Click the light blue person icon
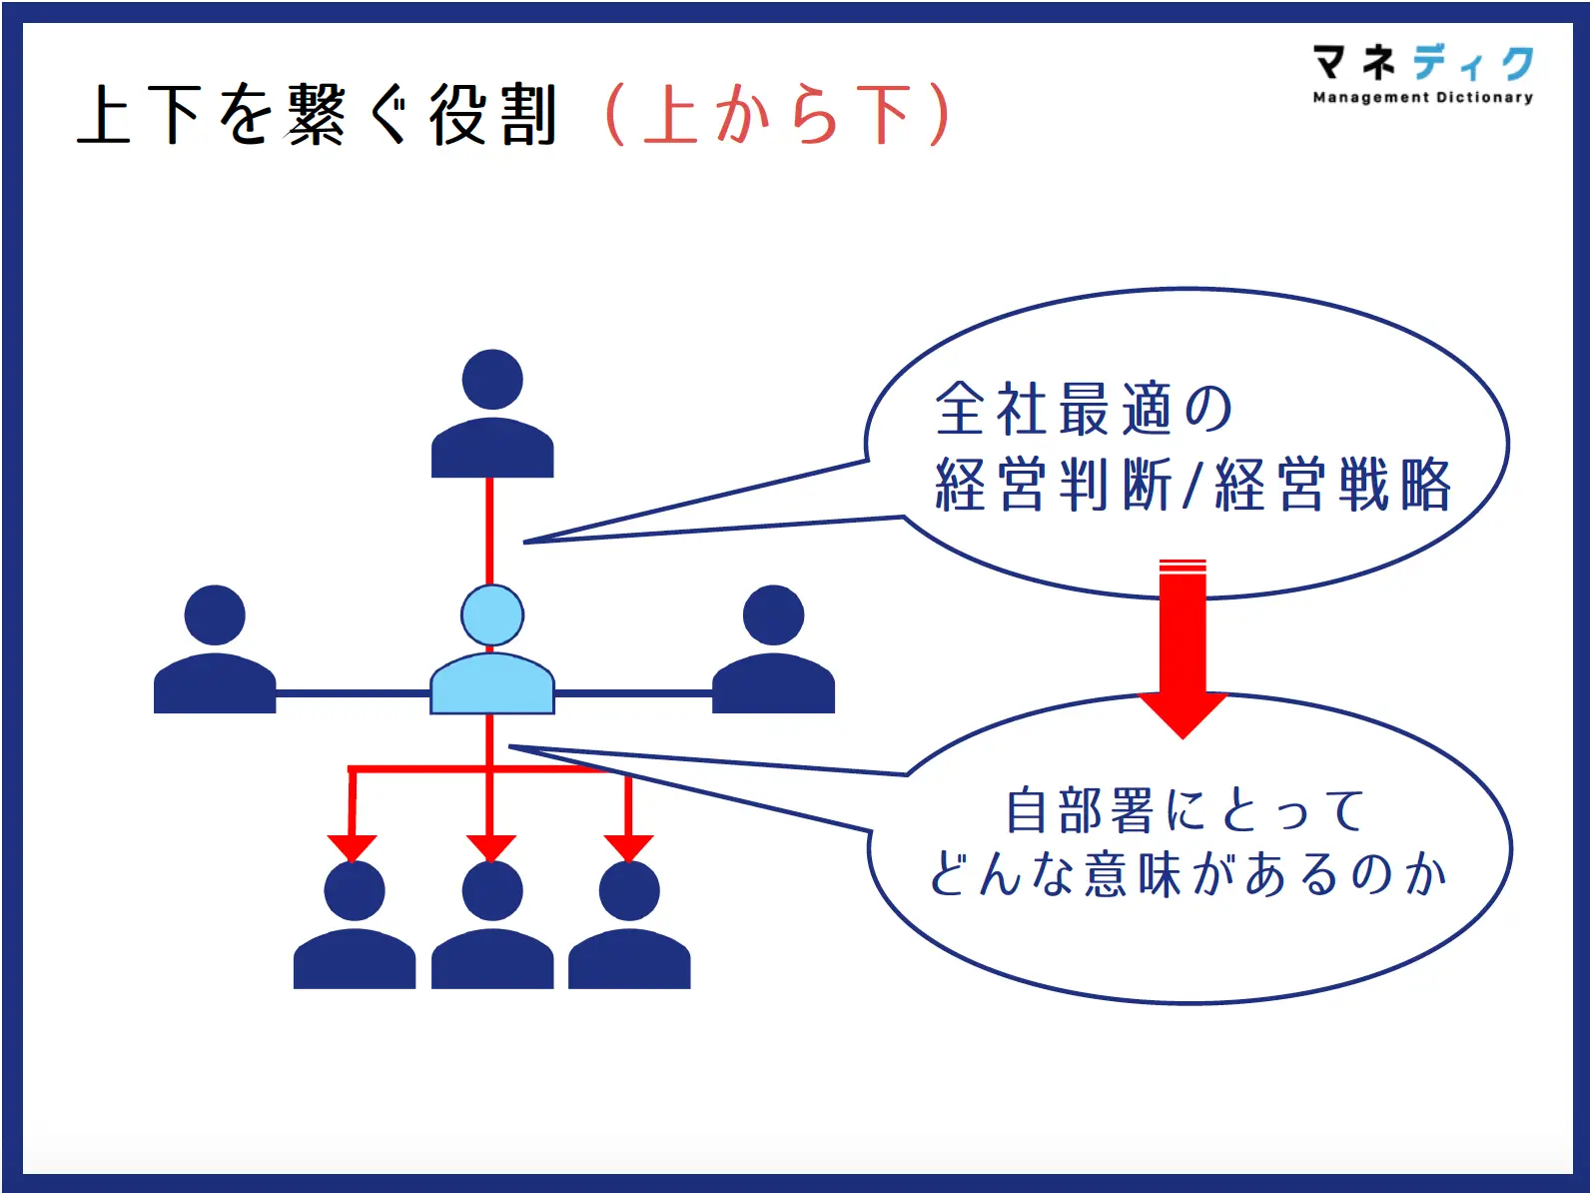[x=491, y=654]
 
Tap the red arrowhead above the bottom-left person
[x=352, y=847]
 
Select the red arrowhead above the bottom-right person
[x=628, y=847]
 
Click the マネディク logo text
[x=1422, y=63]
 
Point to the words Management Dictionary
[x=1422, y=97]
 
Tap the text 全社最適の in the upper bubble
[x=1084, y=409]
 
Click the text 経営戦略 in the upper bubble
[x=1332, y=485]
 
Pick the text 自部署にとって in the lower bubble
[x=1185, y=809]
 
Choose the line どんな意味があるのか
[x=1188, y=874]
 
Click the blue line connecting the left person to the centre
[x=352, y=691]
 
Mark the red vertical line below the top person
[x=489, y=530]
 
